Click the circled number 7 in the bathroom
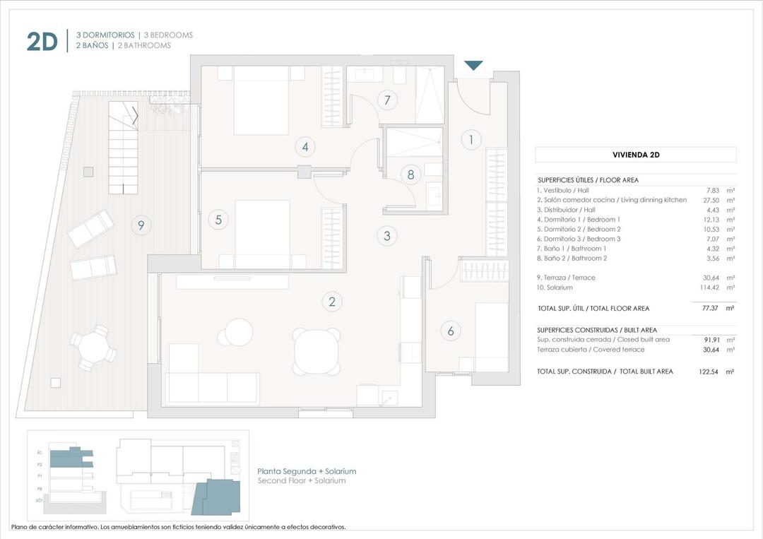(x=386, y=100)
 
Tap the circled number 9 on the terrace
(x=141, y=225)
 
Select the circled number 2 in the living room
(x=331, y=302)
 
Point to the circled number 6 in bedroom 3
(x=450, y=330)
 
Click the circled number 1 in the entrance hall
(x=471, y=139)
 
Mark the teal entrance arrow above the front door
(x=473, y=66)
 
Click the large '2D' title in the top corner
(x=42, y=42)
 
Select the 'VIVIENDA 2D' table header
(x=635, y=155)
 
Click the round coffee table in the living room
(x=239, y=332)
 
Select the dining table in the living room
(x=317, y=351)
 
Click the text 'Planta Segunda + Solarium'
(x=307, y=471)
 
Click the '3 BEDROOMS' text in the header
(x=168, y=35)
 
